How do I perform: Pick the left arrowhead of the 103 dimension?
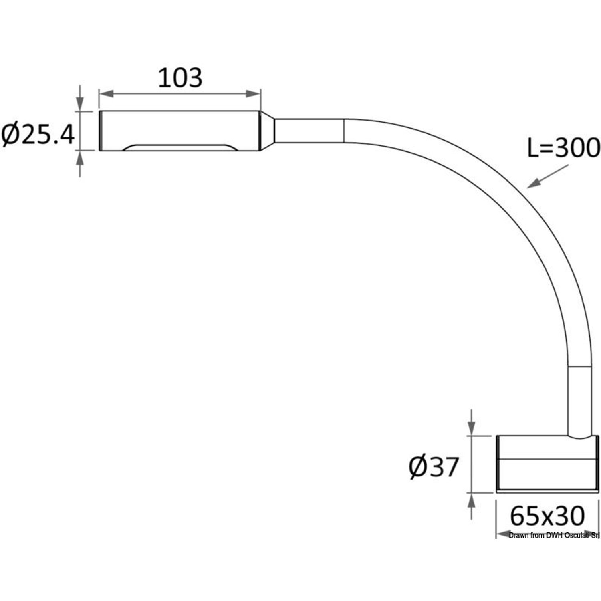(105, 93)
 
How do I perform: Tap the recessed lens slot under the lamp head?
(179, 147)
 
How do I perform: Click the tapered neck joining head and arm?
(268, 131)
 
